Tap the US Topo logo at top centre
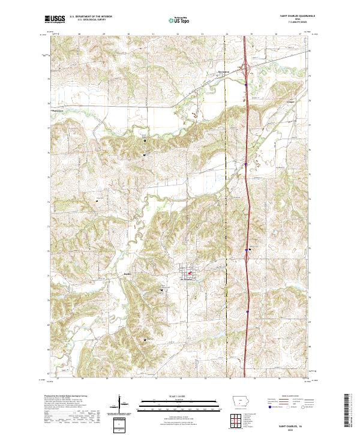(x=179, y=20)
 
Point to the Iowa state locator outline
(x=238, y=401)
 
